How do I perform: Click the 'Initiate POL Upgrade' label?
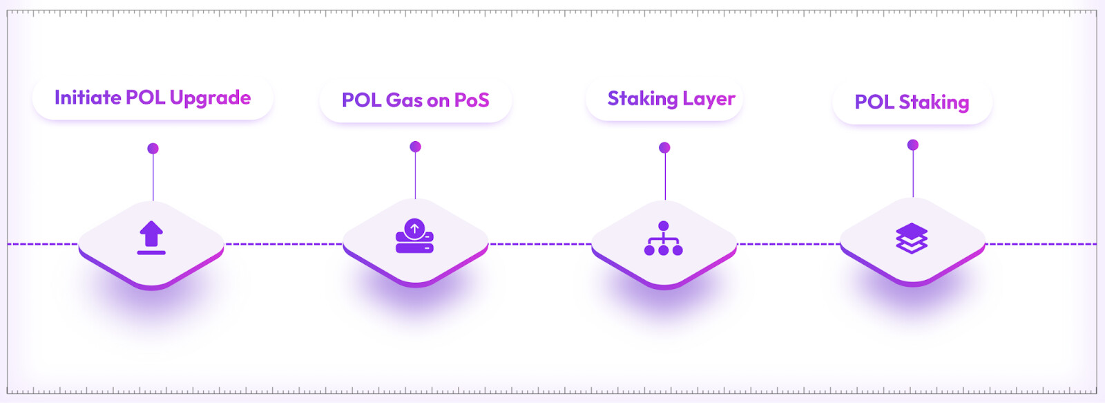click(153, 98)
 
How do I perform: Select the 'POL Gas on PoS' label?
click(415, 100)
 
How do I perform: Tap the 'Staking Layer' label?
click(671, 99)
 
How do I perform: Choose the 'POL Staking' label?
click(912, 102)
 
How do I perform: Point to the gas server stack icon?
click(414, 236)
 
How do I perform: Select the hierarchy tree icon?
click(664, 238)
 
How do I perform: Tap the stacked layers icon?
click(912, 238)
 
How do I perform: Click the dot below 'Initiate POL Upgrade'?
click(153, 149)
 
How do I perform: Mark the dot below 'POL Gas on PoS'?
click(415, 147)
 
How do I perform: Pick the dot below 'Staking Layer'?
click(664, 147)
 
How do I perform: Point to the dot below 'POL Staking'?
click(913, 144)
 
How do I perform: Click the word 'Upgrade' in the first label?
click(210, 98)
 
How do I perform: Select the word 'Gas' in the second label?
click(404, 100)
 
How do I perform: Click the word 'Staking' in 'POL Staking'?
click(934, 102)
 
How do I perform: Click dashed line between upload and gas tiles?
click(283, 244)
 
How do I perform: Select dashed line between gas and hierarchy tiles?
click(540, 244)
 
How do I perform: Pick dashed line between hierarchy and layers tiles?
click(789, 244)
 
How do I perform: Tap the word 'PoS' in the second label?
click(472, 100)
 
